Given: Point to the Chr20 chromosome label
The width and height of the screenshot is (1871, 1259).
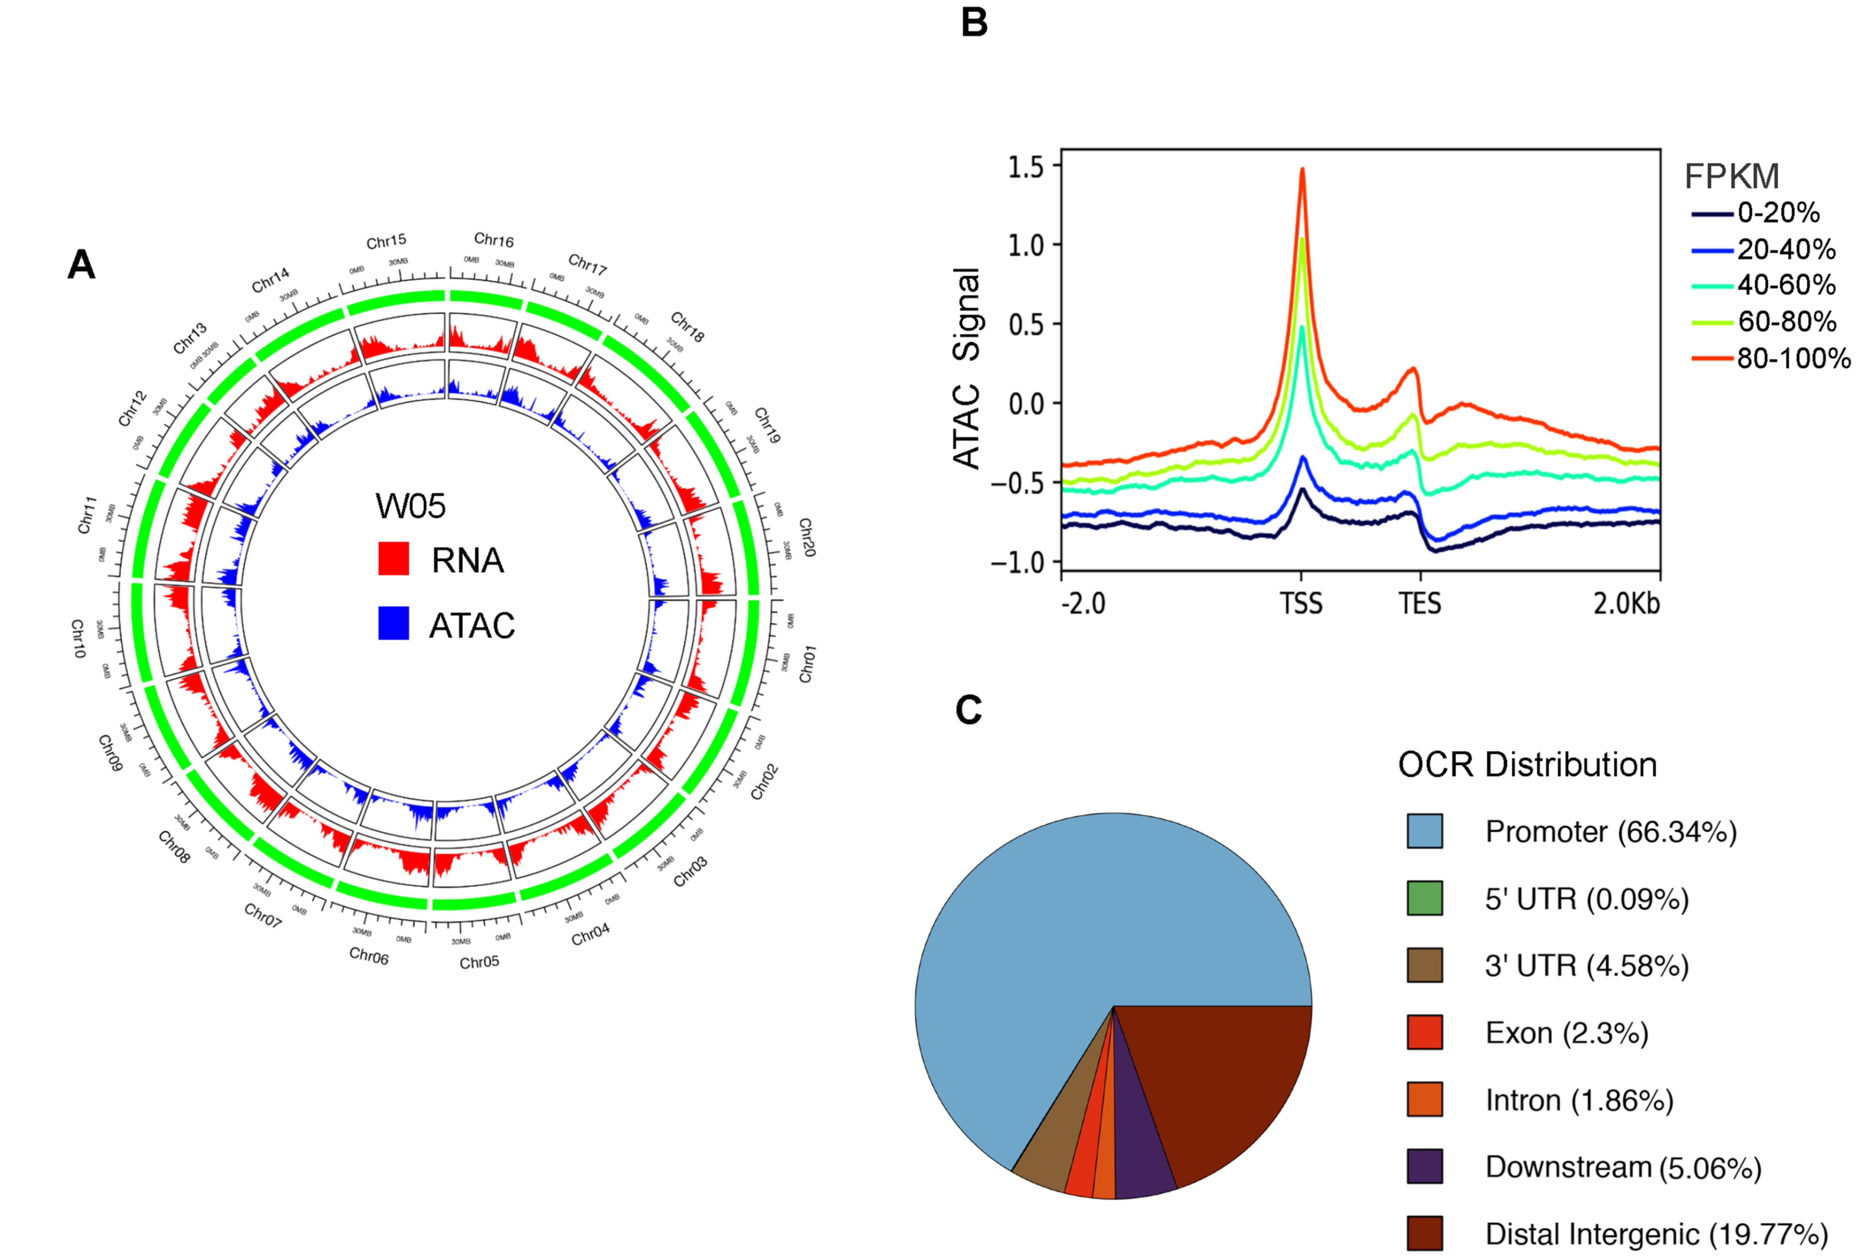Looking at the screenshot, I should [x=807, y=537].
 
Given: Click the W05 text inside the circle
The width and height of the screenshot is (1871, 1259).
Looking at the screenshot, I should [x=410, y=506].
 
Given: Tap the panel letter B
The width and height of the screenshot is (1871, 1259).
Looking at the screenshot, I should [x=974, y=22].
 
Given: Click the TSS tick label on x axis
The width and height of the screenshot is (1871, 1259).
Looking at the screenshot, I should [x=1301, y=603].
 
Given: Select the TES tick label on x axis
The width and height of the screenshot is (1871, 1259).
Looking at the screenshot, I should [x=1420, y=603].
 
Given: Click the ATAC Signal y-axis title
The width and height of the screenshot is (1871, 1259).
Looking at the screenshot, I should [x=967, y=368].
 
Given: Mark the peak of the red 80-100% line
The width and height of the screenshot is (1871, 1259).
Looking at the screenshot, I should [x=1302, y=169].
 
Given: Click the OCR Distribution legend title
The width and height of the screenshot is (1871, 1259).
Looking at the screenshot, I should [x=1527, y=765].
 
